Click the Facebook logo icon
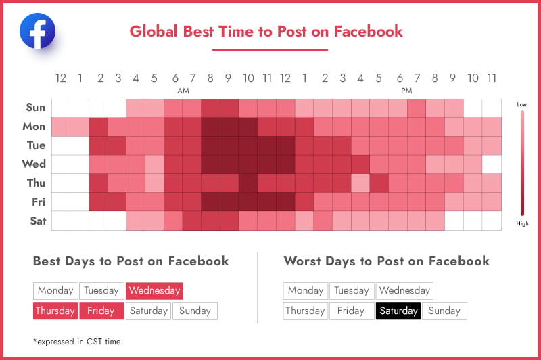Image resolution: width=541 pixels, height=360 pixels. click(x=37, y=30)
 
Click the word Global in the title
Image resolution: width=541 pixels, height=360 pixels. click(x=154, y=31)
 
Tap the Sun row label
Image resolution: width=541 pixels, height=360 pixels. click(x=36, y=108)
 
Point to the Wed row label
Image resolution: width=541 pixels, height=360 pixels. click(x=34, y=164)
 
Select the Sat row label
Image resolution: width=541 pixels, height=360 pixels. click(x=38, y=221)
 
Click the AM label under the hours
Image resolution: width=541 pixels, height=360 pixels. click(x=183, y=91)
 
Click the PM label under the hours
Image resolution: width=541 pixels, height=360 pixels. click(x=406, y=91)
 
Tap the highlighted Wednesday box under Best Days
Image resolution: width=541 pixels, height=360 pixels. click(x=154, y=290)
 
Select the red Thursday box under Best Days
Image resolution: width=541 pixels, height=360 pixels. click(x=55, y=311)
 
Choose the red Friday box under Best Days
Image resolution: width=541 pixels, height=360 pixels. click(x=101, y=311)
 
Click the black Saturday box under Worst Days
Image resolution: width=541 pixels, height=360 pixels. click(x=398, y=311)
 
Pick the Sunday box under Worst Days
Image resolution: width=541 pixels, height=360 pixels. click(x=444, y=311)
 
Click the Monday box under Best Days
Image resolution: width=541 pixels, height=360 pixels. click(x=55, y=290)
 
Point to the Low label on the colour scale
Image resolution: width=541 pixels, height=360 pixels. click(x=521, y=104)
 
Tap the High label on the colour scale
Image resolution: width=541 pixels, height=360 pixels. click(x=522, y=223)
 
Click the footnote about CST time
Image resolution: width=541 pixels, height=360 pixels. click(x=77, y=342)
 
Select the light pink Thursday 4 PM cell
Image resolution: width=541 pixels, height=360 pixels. click(x=360, y=183)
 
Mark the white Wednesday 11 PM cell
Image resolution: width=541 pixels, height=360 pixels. click(x=492, y=164)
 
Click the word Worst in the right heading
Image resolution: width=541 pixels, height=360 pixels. click(x=302, y=261)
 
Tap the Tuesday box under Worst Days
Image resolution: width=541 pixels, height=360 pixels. click(x=352, y=290)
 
